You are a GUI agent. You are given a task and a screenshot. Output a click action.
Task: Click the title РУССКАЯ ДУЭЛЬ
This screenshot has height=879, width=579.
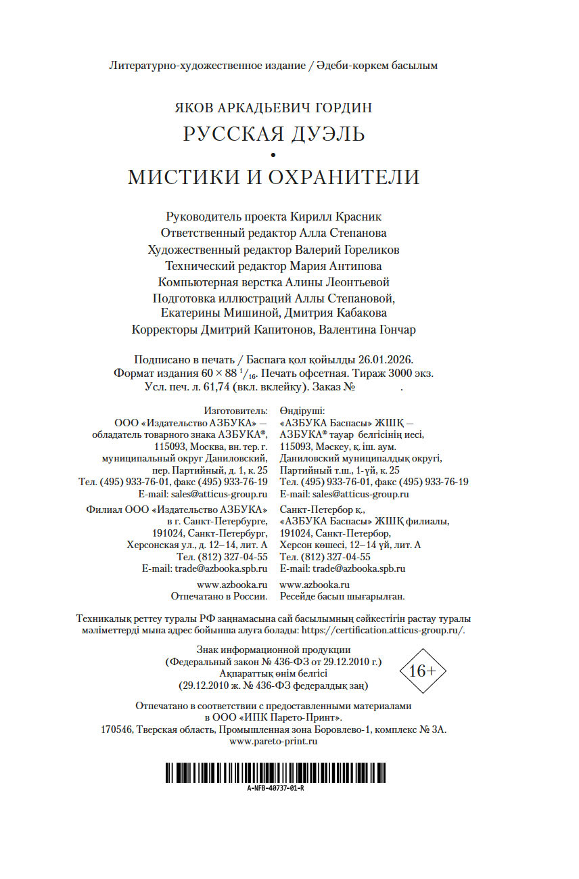pyautogui.click(x=273, y=134)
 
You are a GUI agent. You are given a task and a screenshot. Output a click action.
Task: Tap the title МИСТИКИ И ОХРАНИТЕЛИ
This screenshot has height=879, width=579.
pyautogui.click(x=273, y=177)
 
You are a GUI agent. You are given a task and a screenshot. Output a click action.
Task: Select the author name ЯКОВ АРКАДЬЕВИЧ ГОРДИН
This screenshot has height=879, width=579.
pyautogui.click(x=273, y=108)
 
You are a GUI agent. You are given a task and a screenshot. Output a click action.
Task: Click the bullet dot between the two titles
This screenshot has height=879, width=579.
pyautogui.click(x=273, y=156)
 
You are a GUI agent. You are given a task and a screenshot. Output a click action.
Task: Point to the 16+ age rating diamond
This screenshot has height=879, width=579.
pyautogui.click(x=423, y=671)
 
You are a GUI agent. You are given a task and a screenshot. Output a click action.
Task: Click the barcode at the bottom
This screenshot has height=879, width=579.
pyautogui.click(x=275, y=773)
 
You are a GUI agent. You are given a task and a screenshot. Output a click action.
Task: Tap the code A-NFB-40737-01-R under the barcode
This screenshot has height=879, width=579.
pyautogui.click(x=275, y=789)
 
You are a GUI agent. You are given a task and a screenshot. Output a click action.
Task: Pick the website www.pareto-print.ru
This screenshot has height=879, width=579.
pyautogui.click(x=273, y=742)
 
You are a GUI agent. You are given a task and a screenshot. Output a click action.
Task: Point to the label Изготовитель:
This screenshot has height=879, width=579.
pyautogui.click(x=236, y=411)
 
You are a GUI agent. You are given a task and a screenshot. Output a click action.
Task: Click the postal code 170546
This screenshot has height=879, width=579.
pyautogui.click(x=116, y=729)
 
